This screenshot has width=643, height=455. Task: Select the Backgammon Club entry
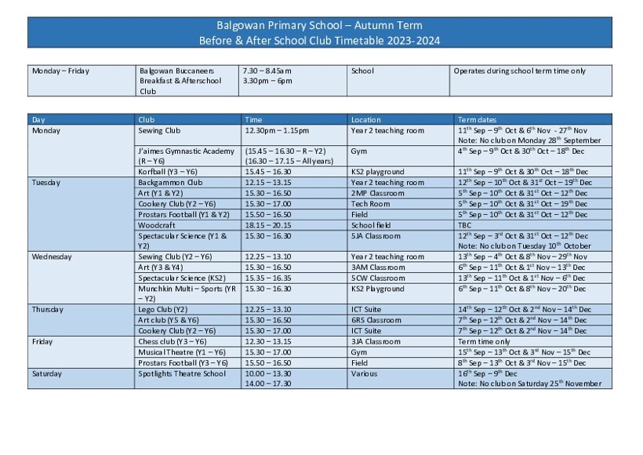click(x=170, y=182)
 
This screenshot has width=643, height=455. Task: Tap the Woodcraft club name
click(x=157, y=225)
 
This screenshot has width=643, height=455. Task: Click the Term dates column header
click(x=477, y=120)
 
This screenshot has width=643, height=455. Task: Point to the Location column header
click(x=365, y=120)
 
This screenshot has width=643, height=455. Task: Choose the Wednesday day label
click(x=52, y=257)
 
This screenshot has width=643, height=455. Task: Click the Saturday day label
click(x=47, y=374)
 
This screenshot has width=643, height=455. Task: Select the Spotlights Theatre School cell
click(x=181, y=374)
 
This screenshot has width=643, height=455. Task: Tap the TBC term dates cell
click(x=465, y=225)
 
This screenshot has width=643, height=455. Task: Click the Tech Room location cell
click(x=370, y=204)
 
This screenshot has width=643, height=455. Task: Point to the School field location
click(x=372, y=225)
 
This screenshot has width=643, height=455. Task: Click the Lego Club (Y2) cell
click(x=162, y=310)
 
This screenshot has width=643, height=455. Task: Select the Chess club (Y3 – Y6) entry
click(x=173, y=342)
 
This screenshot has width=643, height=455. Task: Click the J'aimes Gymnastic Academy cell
click(x=186, y=151)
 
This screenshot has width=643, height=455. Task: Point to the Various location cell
click(x=364, y=374)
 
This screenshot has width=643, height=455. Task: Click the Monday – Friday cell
click(x=60, y=71)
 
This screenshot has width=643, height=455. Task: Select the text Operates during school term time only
click(x=519, y=71)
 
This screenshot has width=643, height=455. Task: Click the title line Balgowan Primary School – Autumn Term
click(x=319, y=25)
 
